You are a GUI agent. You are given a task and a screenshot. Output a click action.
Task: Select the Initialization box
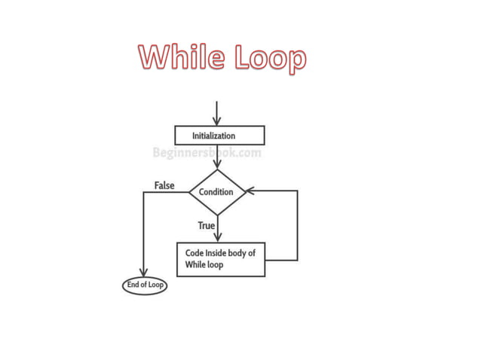(x=219, y=136)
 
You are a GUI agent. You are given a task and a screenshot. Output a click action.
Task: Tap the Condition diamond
(x=216, y=192)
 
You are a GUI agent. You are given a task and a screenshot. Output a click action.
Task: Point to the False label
(x=164, y=185)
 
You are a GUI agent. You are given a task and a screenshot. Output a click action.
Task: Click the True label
(x=207, y=225)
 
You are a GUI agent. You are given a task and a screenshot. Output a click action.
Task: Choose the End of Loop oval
(x=144, y=285)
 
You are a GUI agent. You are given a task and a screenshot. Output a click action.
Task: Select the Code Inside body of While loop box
(x=220, y=259)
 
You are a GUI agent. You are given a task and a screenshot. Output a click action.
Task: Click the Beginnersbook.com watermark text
(x=207, y=153)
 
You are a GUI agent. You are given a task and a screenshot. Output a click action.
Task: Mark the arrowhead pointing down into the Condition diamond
(x=217, y=164)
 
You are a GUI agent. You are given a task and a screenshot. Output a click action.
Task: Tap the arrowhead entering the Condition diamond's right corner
(x=251, y=191)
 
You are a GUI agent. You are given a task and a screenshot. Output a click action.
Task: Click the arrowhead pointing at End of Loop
(x=143, y=273)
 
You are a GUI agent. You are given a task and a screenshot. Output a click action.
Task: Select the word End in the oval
(x=132, y=285)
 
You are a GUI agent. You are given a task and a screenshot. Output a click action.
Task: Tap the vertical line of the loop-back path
(x=297, y=226)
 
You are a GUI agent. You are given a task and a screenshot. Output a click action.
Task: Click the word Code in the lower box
(x=195, y=253)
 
